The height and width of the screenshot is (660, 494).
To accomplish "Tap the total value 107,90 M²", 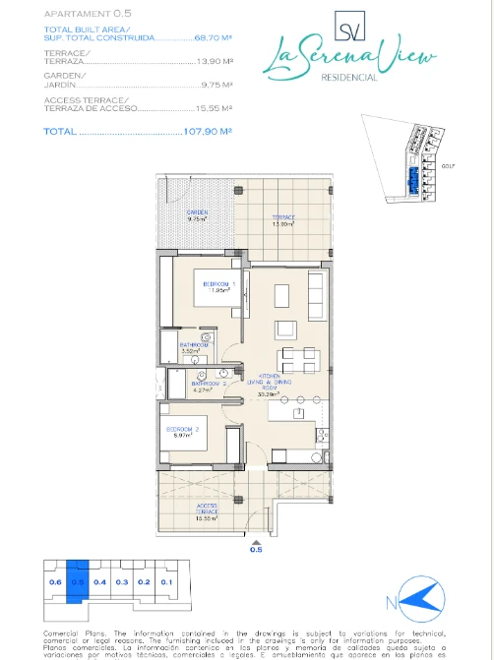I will point(208,130).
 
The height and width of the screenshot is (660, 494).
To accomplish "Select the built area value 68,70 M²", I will point(213,36).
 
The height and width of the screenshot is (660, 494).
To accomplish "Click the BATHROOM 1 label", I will point(194,346).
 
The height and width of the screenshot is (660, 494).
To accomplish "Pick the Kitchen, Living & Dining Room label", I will point(270,383).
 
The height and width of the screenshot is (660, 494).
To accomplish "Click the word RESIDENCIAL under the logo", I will point(350,78).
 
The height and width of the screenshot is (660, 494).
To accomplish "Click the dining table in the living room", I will point(295,356).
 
